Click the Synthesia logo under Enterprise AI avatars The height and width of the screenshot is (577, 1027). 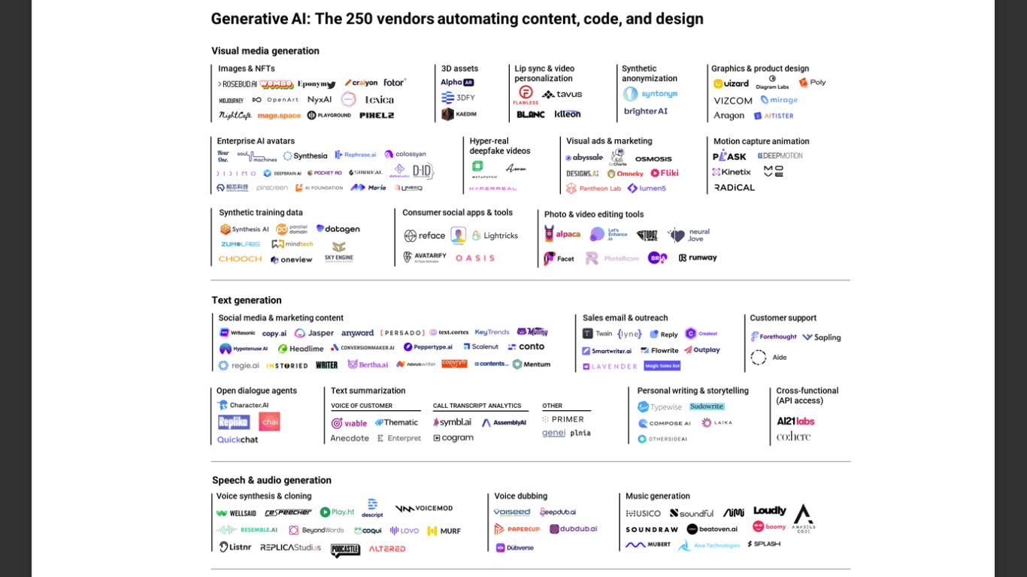305,156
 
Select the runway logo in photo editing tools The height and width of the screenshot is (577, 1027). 698,258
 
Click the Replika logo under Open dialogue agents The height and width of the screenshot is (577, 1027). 234,422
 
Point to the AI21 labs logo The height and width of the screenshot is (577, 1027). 795,421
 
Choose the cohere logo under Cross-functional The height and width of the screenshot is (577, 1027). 793,437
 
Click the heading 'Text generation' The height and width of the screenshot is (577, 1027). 247,301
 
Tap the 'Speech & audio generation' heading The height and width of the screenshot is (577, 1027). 271,480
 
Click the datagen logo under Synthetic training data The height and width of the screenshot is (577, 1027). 338,229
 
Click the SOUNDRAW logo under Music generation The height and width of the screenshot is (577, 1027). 652,530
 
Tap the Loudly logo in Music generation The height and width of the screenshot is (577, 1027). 769,511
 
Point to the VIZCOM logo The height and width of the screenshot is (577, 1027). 733,101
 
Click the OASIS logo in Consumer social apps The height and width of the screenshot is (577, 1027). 475,258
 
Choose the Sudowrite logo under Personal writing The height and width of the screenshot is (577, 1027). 707,406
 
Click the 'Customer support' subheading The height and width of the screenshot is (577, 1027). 783,318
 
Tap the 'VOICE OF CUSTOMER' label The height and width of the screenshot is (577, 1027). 362,406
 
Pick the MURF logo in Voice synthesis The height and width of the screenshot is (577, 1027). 444,530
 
